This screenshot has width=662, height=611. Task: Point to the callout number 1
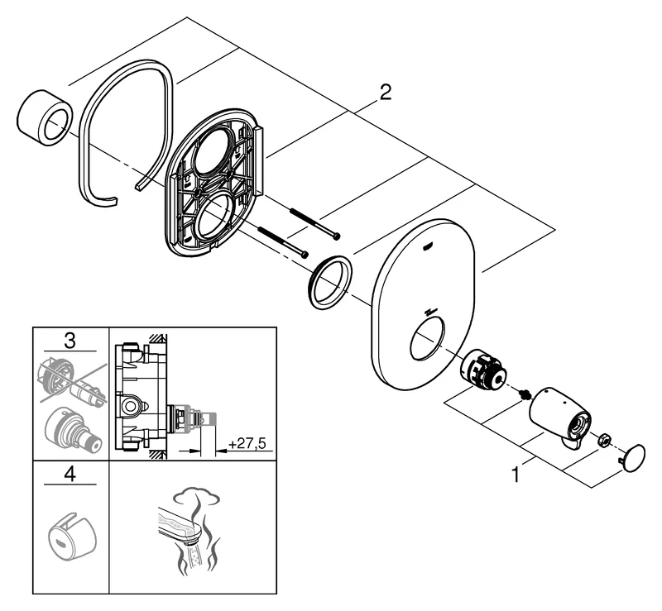click(x=517, y=475)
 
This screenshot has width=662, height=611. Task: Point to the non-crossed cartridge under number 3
click(x=72, y=430)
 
